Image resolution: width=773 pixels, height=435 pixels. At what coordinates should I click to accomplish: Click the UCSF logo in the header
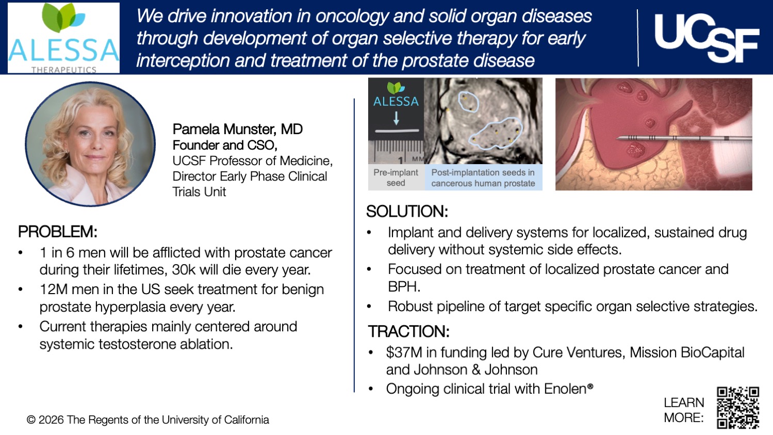coord(706,37)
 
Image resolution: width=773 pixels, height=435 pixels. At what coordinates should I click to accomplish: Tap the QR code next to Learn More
coord(738,408)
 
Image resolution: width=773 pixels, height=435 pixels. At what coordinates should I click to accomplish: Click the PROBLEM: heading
coord(58,232)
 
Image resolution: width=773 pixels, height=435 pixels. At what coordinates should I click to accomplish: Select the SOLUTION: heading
coord(407,212)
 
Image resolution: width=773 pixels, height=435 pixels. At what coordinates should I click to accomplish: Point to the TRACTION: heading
coord(408,331)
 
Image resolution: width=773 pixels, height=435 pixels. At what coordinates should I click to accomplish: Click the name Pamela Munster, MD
coord(237,129)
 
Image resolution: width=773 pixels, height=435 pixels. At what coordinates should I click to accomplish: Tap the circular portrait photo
coord(90,144)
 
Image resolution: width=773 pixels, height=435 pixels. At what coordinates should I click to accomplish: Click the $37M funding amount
coord(404,352)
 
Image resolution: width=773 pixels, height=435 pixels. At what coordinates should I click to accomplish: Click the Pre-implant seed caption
coord(396,178)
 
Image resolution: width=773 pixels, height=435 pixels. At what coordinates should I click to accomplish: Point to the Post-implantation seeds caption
coord(483,178)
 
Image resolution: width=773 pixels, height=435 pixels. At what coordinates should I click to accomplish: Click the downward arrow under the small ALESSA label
coord(396,118)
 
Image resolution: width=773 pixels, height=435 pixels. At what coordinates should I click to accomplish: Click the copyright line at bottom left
coord(148,420)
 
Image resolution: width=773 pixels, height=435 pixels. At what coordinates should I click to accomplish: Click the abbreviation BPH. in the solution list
coord(404,286)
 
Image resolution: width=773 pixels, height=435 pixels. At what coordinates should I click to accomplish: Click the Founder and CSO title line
coord(225,145)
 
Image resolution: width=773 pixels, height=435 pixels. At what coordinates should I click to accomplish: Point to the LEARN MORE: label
coord(684,410)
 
